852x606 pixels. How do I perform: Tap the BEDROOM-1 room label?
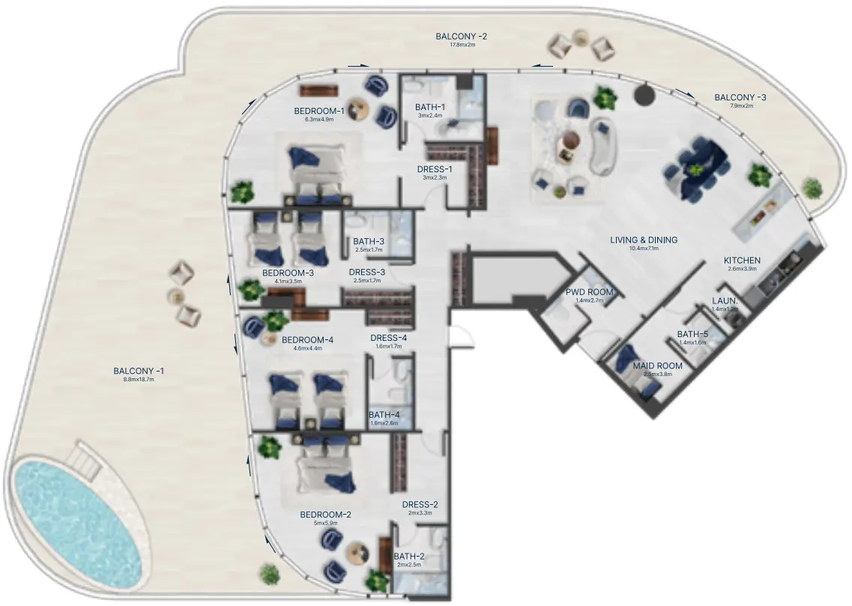(319, 112)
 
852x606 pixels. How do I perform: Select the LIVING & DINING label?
(643, 240)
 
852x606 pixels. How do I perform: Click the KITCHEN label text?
(742, 260)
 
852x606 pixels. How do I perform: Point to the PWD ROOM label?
(590, 291)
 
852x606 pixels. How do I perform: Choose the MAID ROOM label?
(657, 366)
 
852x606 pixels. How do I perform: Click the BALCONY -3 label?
(740, 97)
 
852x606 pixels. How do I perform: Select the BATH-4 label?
(384, 414)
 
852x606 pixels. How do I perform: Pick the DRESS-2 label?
(420, 504)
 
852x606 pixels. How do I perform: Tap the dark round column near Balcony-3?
(644, 95)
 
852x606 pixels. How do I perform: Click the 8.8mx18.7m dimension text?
(139, 380)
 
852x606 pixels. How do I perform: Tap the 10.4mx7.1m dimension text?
(643, 249)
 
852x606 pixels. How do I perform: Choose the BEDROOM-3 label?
(288, 273)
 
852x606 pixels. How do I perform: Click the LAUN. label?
(725, 301)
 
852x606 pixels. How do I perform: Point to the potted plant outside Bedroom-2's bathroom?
(269, 574)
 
